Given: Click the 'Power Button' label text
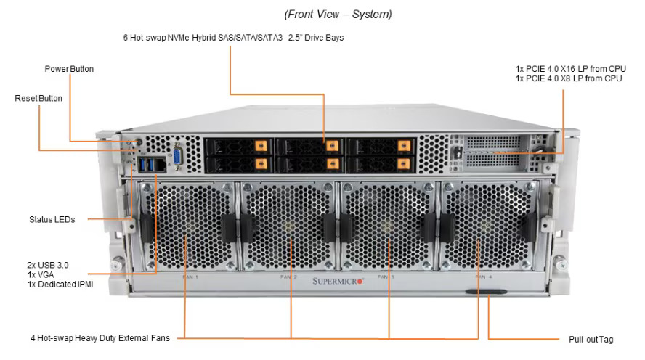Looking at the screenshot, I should (69, 69).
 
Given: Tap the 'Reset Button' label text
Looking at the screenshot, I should (38, 97).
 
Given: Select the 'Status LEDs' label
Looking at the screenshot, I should (52, 218).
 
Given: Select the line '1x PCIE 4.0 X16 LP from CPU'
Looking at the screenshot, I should (570, 69).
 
